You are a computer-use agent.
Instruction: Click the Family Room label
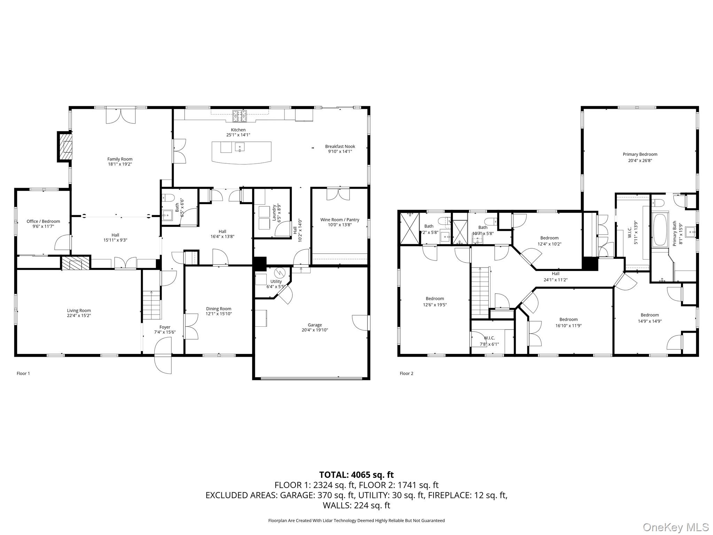pos(120,159)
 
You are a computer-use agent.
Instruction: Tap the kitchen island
pos(241,153)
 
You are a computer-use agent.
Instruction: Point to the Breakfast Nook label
pos(340,146)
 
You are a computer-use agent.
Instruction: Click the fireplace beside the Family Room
pos(65,146)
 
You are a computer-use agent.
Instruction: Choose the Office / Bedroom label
pos(43,221)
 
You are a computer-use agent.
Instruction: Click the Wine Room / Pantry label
pos(339,220)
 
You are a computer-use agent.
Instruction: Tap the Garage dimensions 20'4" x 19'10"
pos(314,330)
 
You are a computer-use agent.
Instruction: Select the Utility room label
pos(276,281)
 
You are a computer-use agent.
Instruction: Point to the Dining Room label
pos(218,309)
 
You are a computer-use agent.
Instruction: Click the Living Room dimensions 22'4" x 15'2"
pos(79,316)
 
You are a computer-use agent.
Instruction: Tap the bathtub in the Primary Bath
pos(660,230)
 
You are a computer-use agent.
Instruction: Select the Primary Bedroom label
pos(640,154)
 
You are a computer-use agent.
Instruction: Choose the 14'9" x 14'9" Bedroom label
pos(650,315)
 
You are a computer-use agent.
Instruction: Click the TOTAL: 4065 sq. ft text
pos(356,475)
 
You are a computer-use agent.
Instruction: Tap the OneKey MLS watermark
pos(675,527)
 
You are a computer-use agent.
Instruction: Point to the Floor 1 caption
pos(23,373)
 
